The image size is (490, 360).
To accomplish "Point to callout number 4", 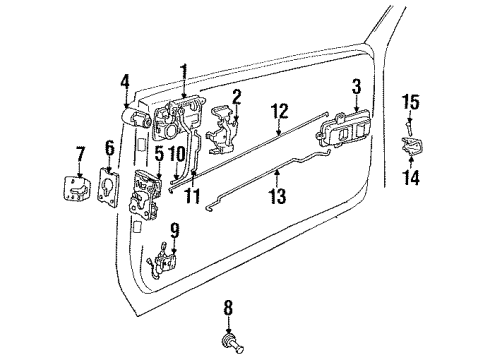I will pos(124,81).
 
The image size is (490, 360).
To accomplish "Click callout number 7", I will pos(81,153).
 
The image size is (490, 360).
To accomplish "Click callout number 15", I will pos(408,102).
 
